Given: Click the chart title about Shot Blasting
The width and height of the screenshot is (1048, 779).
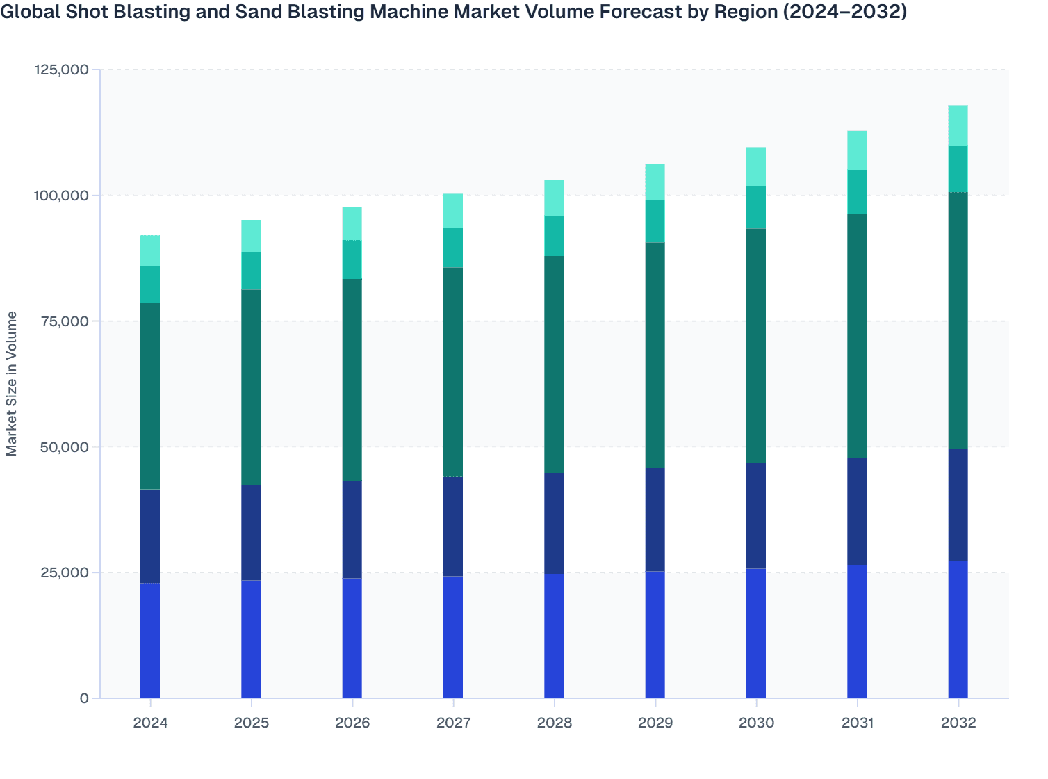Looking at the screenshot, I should pos(454,12).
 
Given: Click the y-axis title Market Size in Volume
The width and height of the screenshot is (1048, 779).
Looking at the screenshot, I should pos(12,383).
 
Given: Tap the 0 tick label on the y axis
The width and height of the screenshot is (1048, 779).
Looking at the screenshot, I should pos(84,698).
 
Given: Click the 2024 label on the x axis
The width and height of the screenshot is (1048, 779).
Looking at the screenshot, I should pos(150,723).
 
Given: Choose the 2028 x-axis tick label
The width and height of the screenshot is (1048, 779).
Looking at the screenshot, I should pos(554,723).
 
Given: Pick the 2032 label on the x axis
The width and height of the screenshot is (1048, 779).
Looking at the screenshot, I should pos(958,723).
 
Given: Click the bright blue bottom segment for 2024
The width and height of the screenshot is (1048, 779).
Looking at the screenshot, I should pos(150,641).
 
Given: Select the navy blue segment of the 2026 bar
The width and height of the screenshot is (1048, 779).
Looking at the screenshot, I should pos(352,529).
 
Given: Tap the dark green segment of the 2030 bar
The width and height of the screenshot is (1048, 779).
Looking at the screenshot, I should pos(756,346).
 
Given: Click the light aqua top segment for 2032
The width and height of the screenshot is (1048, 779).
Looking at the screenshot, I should pos(958,126).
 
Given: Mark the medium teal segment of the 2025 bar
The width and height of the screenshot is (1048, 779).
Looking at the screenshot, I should pos(251,271).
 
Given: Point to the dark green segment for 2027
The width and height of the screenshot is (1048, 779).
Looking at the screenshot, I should pos(453,372).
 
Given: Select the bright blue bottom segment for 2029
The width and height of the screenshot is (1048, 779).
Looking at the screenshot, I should pos(655,634).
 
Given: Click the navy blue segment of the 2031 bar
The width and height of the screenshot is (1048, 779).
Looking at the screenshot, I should pos(857,511).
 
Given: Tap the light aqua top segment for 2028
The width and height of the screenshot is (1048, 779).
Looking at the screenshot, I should pos(554,198).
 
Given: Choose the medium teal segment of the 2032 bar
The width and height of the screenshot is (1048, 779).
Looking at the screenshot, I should pos(958,169).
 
